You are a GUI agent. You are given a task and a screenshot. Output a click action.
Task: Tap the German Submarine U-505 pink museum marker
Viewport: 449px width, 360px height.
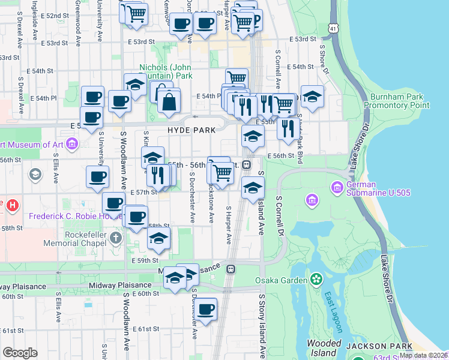click(x=312, y=199)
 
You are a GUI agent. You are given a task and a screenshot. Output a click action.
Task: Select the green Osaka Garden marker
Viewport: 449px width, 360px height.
click(x=316, y=280)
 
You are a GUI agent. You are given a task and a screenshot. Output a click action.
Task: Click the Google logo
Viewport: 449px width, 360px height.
click(x=20, y=353)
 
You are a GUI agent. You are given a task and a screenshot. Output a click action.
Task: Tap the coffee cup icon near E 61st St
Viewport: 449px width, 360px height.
click(x=205, y=309)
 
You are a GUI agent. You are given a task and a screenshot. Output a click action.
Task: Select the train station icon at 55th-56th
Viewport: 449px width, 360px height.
click(x=246, y=164)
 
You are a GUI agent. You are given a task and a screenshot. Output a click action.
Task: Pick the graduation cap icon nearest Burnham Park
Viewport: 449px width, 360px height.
click(x=312, y=97)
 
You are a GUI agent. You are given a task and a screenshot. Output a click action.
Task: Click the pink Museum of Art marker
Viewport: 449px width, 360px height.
click(x=72, y=144)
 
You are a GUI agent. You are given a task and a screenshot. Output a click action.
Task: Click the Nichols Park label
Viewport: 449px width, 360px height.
click(x=165, y=72)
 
